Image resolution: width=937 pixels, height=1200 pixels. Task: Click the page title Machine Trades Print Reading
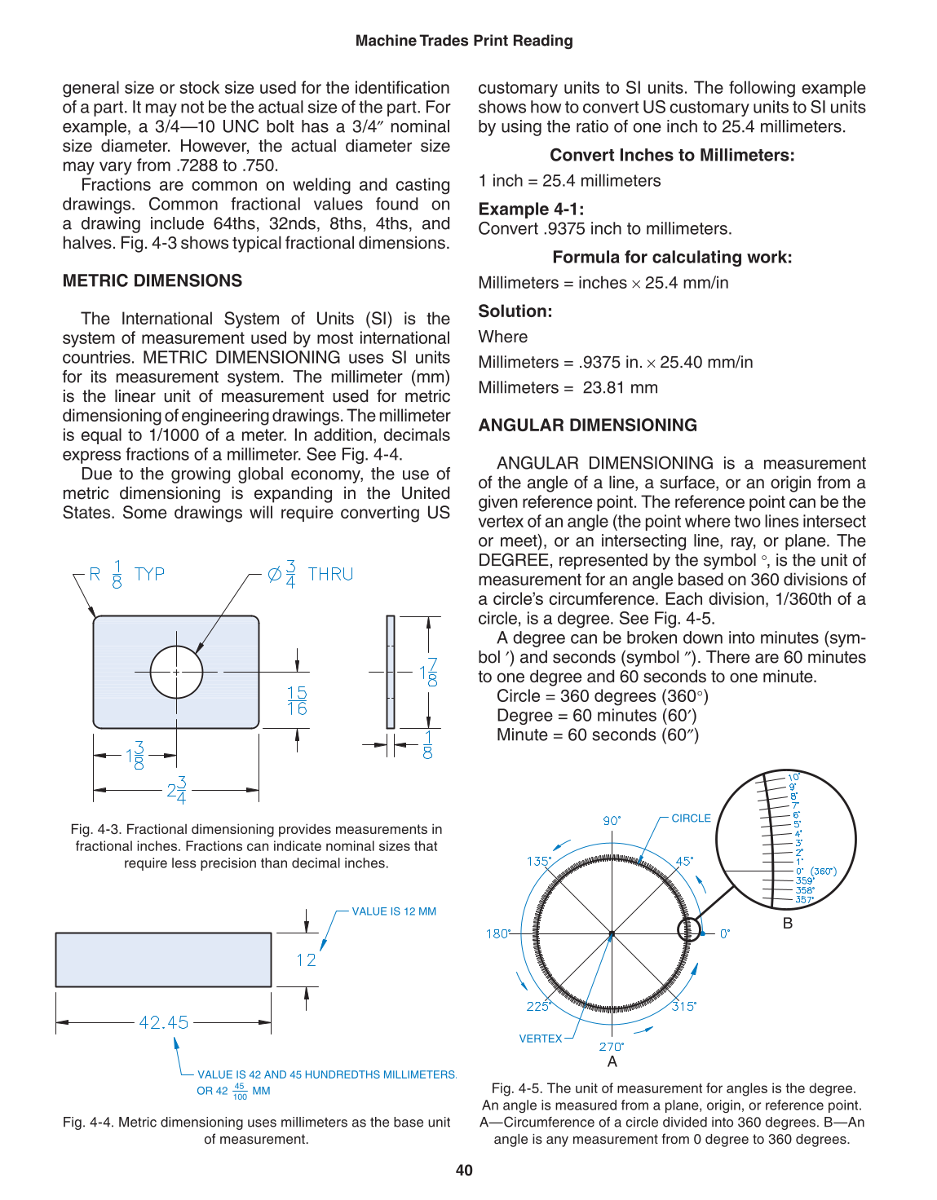coord(464,41)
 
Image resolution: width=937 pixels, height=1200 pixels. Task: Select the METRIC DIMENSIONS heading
coord(152,280)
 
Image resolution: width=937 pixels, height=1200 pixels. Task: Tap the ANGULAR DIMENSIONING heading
coord(587,425)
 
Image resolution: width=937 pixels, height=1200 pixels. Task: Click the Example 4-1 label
coord(531,209)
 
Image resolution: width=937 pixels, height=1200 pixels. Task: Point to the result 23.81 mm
coord(620,387)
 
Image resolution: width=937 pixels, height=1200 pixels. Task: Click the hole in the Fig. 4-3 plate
coord(176,672)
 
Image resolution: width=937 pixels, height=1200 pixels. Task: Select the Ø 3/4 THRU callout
coord(311,574)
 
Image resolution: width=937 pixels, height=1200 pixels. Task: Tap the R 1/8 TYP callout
coord(126,574)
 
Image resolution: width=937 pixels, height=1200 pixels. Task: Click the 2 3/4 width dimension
coord(177,790)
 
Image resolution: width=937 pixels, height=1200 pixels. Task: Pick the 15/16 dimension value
coord(297,700)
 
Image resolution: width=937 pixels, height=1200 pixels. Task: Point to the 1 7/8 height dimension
coord(428,673)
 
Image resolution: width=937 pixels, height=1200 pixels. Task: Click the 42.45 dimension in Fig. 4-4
coord(164,1022)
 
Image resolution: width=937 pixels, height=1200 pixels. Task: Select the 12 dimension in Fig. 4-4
coord(306,960)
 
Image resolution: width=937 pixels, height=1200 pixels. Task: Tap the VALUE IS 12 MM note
coord(394,911)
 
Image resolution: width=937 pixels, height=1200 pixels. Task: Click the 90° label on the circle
coord(612,820)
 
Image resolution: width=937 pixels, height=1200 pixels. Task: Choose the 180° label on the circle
coord(498,933)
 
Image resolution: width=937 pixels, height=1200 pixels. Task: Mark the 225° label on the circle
coord(538,1006)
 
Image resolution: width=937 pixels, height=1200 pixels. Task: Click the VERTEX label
coord(541,1039)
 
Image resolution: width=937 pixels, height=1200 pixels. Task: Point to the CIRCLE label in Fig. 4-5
coord(691,818)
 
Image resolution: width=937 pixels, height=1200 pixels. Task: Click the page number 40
coord(464,1170)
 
